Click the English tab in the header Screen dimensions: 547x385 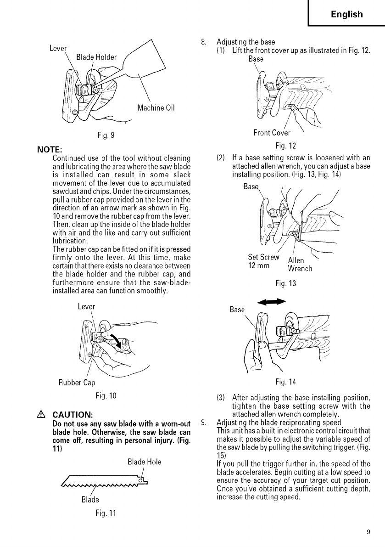coord(346,14)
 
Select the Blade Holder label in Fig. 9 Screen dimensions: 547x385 coord(96,57)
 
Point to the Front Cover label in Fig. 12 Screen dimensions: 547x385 coord(272,133)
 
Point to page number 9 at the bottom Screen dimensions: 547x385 coord(368,532)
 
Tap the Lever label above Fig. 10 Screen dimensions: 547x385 coord(86,306)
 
